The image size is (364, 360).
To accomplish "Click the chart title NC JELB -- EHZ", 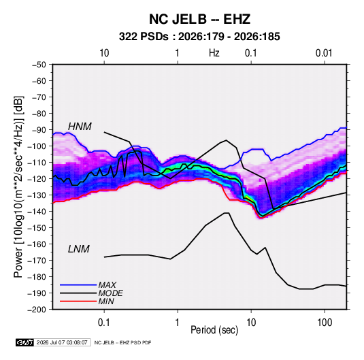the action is pyautogui.click(x=199, y=19).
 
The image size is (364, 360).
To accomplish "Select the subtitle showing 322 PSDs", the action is pyautogui.click(x=199, y=37).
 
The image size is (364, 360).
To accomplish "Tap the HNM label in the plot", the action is pyautogui.click(x=80, y=127).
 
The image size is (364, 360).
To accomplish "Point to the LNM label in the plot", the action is pyautogui.click(x=79, y=249).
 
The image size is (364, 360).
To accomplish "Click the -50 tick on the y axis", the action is pyautogui.click(x=39, y=65).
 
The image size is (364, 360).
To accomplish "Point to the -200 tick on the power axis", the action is pyautogui.click(x=37, y=310).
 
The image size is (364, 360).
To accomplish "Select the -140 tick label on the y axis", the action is pyautogui.click(x=37, y=212).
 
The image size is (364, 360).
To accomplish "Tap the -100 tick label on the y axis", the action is pyautogui.click(x=37, y=146).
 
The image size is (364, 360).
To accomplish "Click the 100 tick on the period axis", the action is pyautogui.click(x=325, y=323).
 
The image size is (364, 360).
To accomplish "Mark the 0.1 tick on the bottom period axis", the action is pyautogui.click(x=104, y=323).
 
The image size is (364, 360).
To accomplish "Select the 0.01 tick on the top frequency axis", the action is pyautogui.click(x=324, y=53).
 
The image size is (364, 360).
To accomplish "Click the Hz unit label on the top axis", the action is pyautogui.click(x=214, y=53).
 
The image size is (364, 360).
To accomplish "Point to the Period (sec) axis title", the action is pyautogui.click(x=214, y=330).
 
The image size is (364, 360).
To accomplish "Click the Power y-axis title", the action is pyautogui.click(x=18, y=186).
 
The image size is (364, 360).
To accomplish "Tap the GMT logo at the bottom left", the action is pyautogui.click(x=25, y=342).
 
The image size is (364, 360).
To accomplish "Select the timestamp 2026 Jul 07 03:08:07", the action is pyautogui.click(x=62, y=342).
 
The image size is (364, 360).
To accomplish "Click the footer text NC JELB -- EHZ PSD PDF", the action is pyautogui.click(x=122, y=342).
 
